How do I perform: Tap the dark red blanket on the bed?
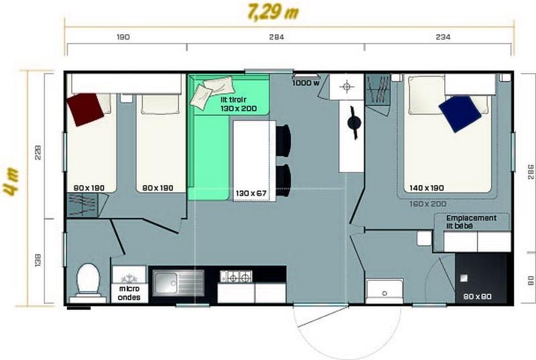85,109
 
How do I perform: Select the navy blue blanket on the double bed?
460,113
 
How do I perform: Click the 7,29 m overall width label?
273,12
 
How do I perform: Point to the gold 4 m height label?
11,182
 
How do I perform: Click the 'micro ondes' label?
129,293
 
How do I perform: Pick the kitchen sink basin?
178,283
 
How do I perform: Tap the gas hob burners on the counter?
237,277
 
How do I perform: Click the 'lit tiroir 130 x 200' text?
239,104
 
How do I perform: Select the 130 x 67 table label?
251,193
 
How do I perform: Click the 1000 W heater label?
306,83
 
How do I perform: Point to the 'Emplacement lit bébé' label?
471,221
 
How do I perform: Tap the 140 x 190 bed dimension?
427,188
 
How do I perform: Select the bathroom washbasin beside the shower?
385,291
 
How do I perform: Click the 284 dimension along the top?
276,37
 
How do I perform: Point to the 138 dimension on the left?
38,260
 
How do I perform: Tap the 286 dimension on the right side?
531,172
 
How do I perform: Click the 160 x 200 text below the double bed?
428,204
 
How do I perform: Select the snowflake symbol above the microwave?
129,278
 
